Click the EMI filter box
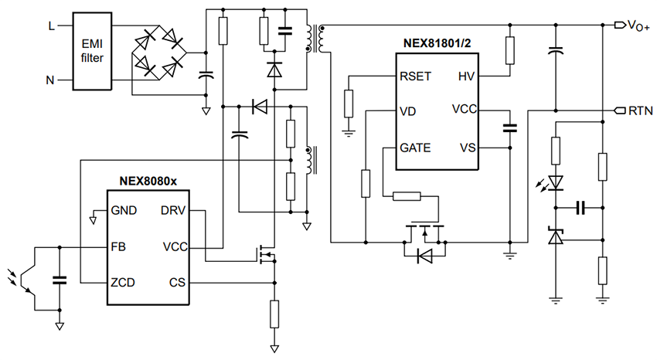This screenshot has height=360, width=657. pos(94,49)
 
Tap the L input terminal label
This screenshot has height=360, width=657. pos(52,25)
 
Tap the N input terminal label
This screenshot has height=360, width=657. pos(52,78)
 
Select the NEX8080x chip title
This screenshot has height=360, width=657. pos(148,181)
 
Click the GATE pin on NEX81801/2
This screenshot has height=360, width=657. pos(416,147)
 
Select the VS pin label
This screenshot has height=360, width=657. pos(467,147)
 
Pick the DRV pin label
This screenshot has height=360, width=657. pos(172,210)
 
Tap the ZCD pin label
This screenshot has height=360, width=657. pos(124,282)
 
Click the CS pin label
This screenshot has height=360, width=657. pos(175,282)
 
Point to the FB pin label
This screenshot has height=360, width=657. pos(119,246)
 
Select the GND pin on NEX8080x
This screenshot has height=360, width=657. pos(124,210)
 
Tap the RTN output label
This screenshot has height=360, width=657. pos(639,110)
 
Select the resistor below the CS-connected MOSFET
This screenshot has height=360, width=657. pos(274,314)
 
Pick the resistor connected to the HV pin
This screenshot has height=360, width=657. pos(509,50)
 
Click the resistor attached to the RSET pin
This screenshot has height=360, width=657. pos(348,103)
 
